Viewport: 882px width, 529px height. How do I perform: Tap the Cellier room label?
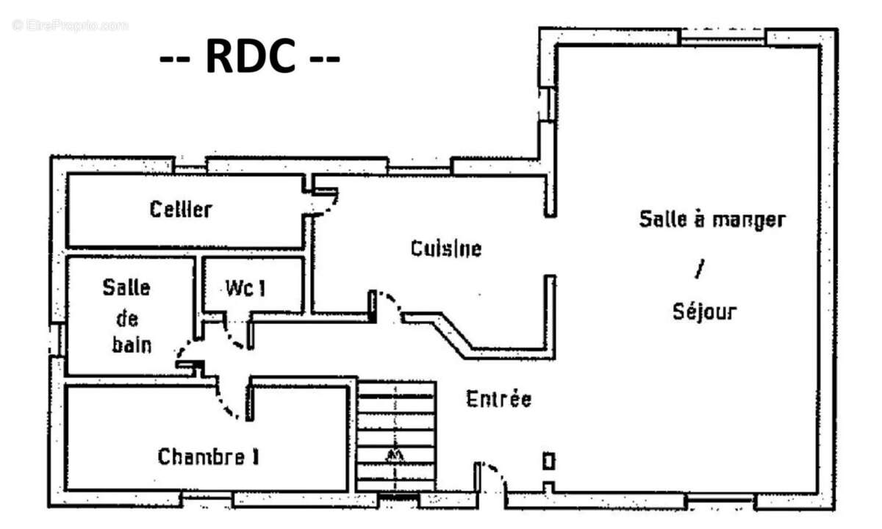pos(181,209)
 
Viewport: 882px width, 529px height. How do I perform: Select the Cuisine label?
pos(446,248)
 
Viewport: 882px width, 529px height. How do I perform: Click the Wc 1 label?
pos(245,289)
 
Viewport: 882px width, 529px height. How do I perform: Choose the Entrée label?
pos(498,400)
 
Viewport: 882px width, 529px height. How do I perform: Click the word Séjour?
pos(704,312)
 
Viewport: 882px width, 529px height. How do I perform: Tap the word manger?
pos(750,219)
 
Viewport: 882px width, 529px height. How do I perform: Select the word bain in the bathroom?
pos(132,345)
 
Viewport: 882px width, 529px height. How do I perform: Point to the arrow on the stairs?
pos(396,455)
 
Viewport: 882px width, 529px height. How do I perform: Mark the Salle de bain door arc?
pos(187,348)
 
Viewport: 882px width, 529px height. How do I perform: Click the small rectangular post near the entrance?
pos(548,461)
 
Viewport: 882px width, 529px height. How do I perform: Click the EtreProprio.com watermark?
pos(70,25)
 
